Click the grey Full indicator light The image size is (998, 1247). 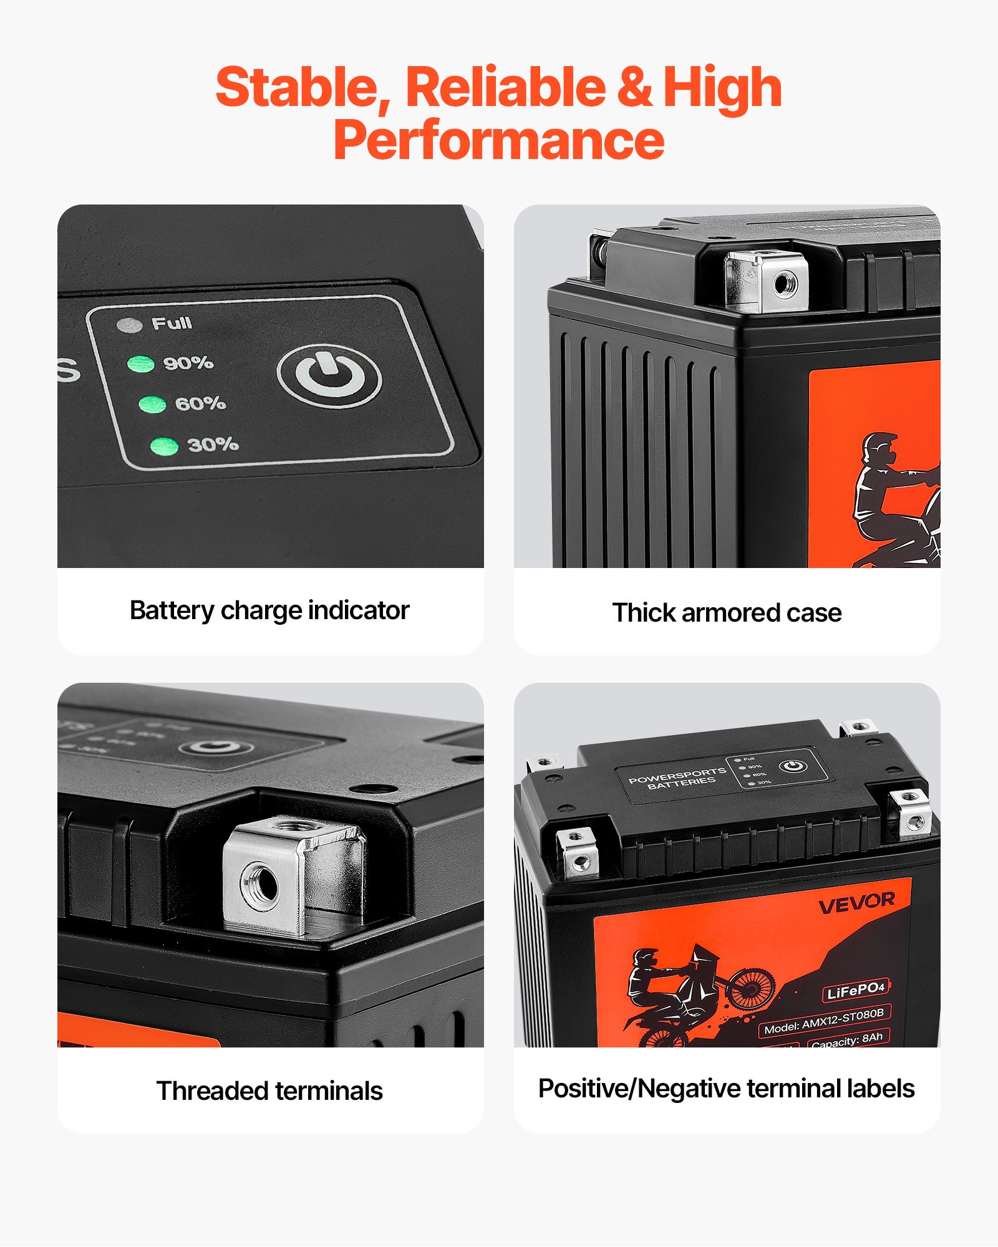click(130, 325)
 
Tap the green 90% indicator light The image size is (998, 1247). click(141, 364)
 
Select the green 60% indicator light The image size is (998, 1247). click(152, 405)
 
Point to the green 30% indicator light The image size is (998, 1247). click(165, 446)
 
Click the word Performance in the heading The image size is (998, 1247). click(499, 140)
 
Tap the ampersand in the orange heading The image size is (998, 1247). click(634, 87)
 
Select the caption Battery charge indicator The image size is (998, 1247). click(269, 610)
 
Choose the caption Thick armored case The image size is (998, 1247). click(727, 613)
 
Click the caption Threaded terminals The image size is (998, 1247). click(269, 1091)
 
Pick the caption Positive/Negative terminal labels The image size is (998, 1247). click(727, 1089)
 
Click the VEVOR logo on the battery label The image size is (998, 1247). click(856, 902)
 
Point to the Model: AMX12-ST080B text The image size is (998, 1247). click(824, 1021)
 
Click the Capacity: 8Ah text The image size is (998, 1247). click(847, 1039)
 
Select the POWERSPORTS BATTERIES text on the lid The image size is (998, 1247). click(679, 778)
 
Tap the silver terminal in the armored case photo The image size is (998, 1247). click(766, 281)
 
